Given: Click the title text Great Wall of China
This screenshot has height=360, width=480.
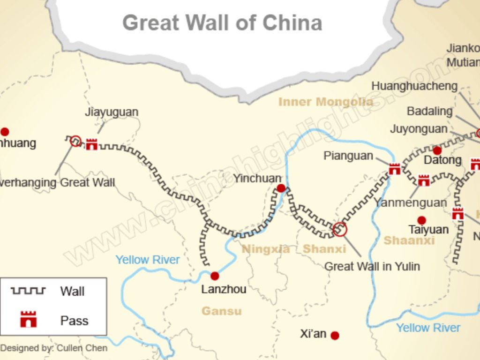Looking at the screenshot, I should point(222,22).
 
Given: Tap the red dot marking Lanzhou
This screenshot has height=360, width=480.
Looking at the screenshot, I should point(215,276).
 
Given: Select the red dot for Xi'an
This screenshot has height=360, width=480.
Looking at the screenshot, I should point(335,336).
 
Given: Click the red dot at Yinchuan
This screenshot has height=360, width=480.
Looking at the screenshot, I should point(281,188).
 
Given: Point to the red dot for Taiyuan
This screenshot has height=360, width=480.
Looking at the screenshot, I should point(421,220).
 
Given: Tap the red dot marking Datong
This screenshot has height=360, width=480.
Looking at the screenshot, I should point(437,150).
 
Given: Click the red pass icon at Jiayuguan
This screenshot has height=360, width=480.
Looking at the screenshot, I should point(91,144).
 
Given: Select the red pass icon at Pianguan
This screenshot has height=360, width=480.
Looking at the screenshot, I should point(395,169).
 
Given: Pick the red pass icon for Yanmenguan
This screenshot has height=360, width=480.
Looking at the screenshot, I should point(424,180).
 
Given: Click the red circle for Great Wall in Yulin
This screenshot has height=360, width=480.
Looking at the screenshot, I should point(340,229).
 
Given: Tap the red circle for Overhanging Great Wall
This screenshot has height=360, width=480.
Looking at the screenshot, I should point(75,141).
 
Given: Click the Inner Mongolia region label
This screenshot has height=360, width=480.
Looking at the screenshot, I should point(326,102).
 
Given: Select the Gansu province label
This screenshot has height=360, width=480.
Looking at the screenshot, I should point(221,311).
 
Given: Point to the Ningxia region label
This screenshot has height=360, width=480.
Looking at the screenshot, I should point(266,249).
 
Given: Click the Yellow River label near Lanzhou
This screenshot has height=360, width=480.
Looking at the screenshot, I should point(148,259).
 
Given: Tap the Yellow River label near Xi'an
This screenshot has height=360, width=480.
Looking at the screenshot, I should point(428,328).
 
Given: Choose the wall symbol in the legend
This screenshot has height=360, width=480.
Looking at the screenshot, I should point(28,291).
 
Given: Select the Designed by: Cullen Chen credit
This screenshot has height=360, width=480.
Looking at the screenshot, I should point(54,348).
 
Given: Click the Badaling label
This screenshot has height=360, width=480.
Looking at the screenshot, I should point(429,111).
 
